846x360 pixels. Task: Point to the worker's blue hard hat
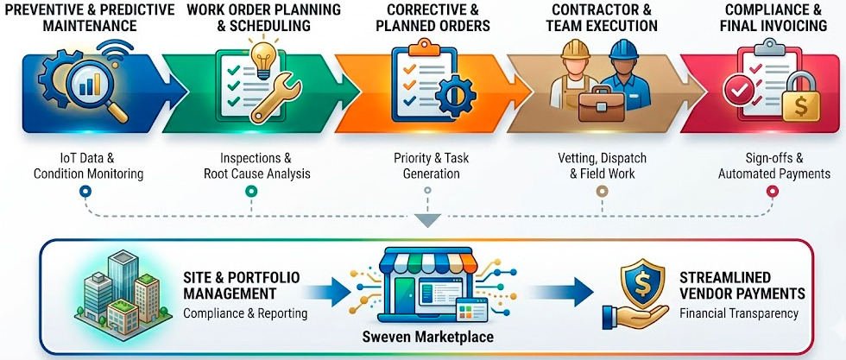(x=624, y=50)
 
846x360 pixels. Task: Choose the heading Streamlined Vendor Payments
(x=742, y=286)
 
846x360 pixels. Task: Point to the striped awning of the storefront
(x=427, y=262)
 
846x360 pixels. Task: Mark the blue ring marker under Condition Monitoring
(x=85, y=191)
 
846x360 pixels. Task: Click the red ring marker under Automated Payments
(x=772, y=191)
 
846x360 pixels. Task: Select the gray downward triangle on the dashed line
(x=430, y=219)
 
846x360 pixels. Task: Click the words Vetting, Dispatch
(x=602, y=159)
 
